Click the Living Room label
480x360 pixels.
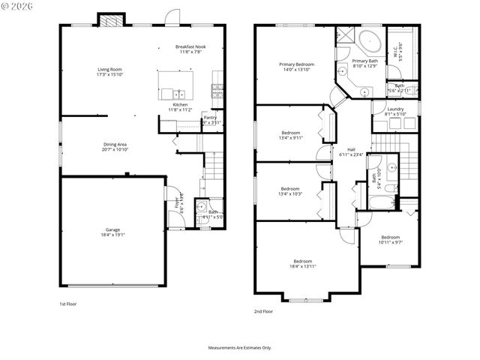click(109, 69)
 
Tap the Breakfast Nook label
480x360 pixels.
click(190, 46)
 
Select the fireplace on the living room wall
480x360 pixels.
click(110, 21)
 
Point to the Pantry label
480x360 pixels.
click(210, 117)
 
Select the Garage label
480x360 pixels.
click(112, 229)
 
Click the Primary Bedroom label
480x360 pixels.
click(296, 64)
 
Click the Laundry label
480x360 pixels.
click(395, 109)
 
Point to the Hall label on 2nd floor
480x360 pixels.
click(350, 149)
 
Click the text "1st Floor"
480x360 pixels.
click(67, 304)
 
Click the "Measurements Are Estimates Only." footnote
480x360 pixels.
click(239, 347)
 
